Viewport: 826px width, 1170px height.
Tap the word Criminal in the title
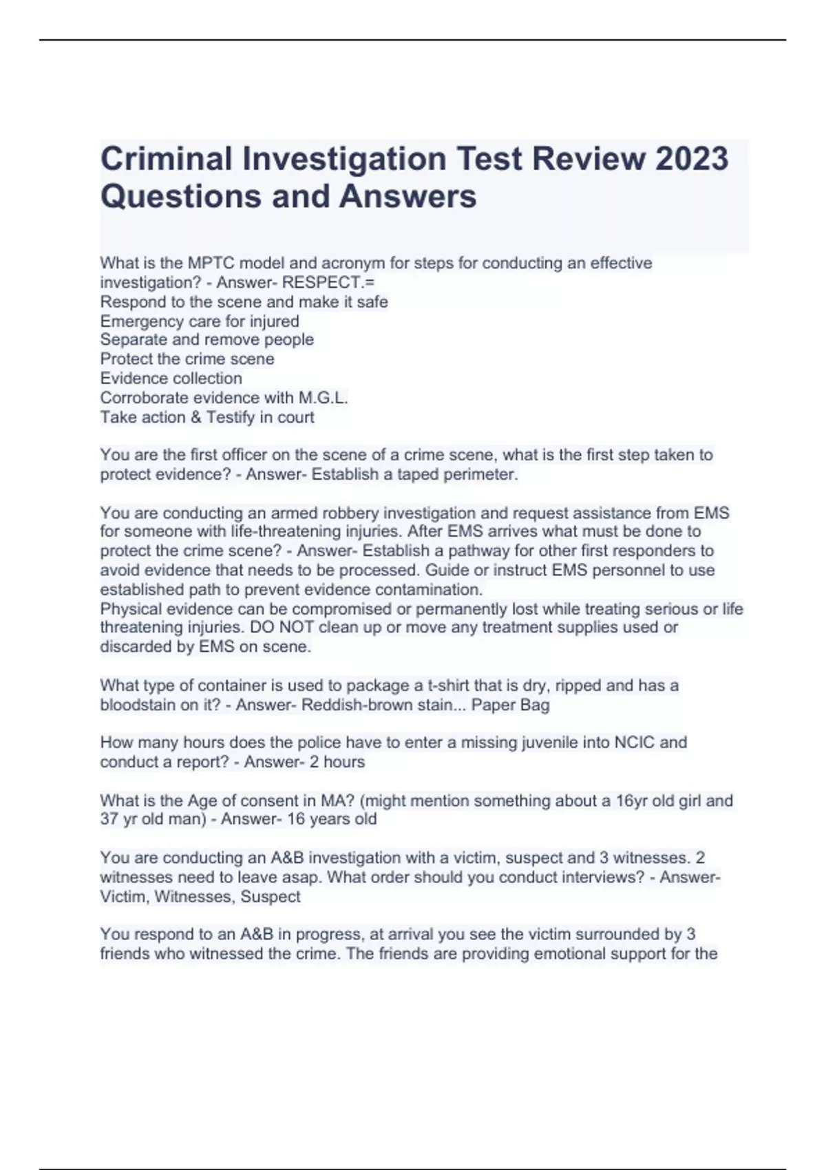167,159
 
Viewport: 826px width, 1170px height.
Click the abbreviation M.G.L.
323,398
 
